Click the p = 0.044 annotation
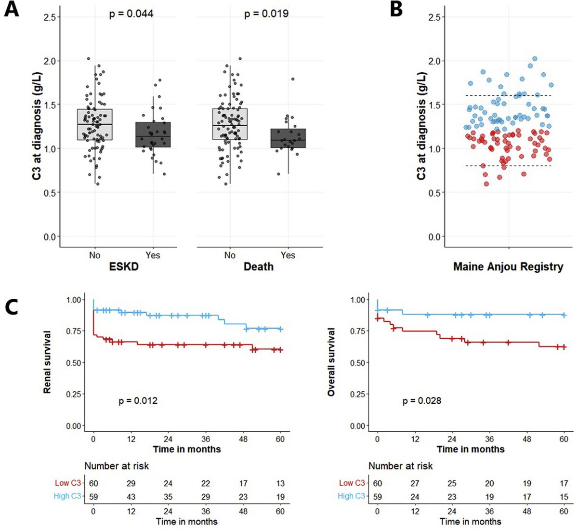point(131,13)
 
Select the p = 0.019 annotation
point(266,13)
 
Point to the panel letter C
point(12,307)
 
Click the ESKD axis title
point(123,267)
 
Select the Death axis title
point(259,267)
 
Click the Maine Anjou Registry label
point(508,267)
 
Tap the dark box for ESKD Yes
point(153,134)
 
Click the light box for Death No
point(230,124)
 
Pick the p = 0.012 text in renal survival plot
point(138,401)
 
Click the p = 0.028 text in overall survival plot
point(421,401)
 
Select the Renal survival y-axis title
point(47,362)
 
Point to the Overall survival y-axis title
point(331,362)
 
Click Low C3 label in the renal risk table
point(68,483)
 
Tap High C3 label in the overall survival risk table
point(352,496)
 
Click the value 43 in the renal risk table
point(131,496)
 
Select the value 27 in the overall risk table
point(415,483)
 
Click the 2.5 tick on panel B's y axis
point(435,17)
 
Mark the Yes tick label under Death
point(288,255)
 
